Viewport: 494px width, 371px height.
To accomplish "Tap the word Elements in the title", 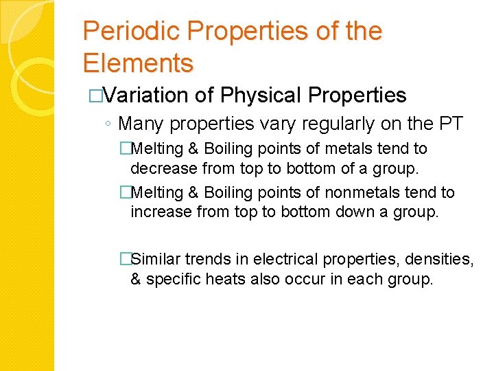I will (x=138, y=63).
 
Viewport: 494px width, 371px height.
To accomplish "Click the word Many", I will (x=141, y=124).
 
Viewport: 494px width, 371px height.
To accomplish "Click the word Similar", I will (x=156, y=259).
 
